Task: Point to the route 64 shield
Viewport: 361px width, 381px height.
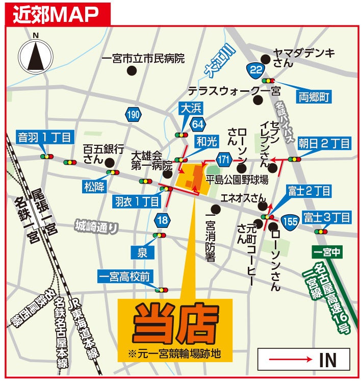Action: pos(198,124)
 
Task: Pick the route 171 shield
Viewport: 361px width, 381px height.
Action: pos(223,160)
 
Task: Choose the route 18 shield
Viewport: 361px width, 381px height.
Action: pos(163,220)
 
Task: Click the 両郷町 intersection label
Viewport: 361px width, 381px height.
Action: pos(312,97)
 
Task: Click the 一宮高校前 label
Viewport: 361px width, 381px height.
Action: pos(124,276)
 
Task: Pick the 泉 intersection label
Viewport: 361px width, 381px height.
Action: pos(142,251)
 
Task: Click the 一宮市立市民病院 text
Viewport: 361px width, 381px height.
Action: pos(143,59)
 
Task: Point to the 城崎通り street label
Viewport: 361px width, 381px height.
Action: pos(96,225)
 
